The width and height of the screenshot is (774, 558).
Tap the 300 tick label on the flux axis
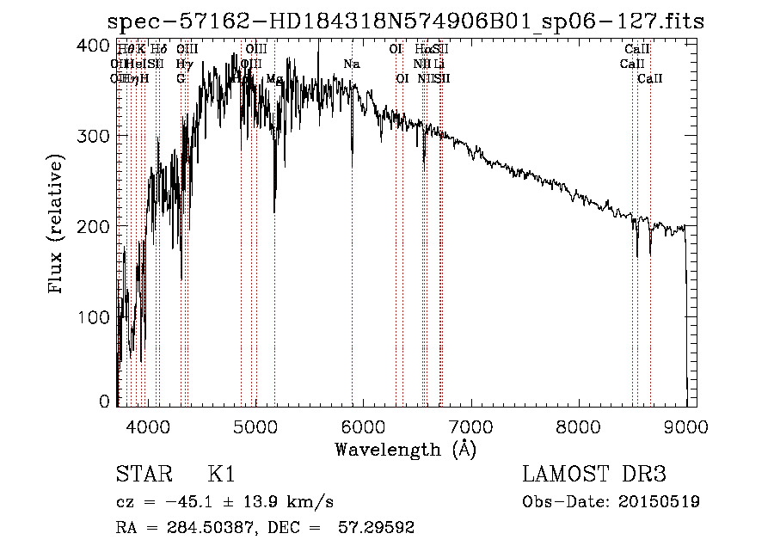(x=96, y=136)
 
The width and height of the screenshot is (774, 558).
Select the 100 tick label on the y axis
(x=96, y=317)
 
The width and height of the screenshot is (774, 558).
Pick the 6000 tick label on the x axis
(x=363, y=424)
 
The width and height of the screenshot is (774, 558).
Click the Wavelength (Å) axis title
(x=405, y=449)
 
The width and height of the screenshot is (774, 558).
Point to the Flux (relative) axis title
(x=58, y=226)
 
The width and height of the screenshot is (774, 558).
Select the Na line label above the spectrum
(x=351, y=64)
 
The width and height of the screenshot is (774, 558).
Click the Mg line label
(x=274, y=79)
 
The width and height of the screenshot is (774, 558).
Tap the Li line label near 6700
(x=439, y=64)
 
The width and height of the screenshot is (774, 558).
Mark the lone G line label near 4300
(x=181, y=79)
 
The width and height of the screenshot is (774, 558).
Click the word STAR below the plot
(x=141, y=475)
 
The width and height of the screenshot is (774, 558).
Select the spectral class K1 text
(x=221, y=475)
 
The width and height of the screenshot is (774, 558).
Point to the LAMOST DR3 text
(x=594, y=475)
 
